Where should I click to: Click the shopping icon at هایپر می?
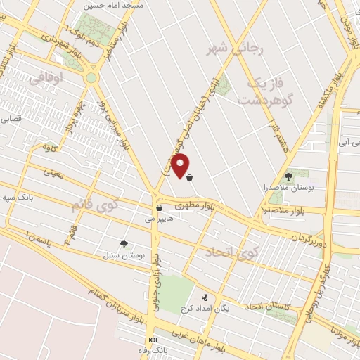point(160,208)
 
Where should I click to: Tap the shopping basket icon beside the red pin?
point(191,176)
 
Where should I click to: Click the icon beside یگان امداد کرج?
point(205,297)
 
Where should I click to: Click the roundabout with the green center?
point(91,78)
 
